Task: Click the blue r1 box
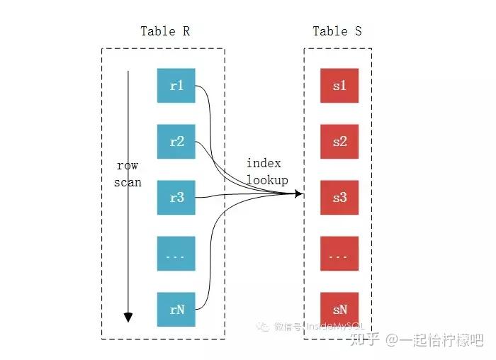(176, 86)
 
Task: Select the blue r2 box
(176, 142)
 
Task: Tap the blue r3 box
(176, 198)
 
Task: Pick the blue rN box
(176, 310)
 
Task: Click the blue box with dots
(176, 254)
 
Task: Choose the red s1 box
(339, 86)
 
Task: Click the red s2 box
(339, 142)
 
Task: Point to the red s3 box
(339, 198)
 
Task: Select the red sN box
(339, 310)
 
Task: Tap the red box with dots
(339, 254)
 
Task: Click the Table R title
(165, 31)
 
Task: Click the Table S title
(337, 31)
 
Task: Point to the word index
(264, 164)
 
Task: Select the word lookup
(267, 180)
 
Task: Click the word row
(128, 166)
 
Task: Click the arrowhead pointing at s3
(300, 194)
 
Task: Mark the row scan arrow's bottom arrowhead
(128, 317)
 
